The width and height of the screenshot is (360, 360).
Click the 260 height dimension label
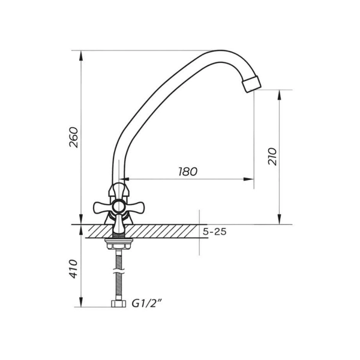pos(74,137)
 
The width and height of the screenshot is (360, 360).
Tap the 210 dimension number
pos(272,157)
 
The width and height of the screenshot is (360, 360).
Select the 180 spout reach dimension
pos(188,172)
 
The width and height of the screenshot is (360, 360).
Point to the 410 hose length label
pos(74,269)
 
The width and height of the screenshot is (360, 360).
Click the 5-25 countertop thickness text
pos(215,232)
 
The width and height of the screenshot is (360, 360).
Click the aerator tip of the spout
pos(252,83)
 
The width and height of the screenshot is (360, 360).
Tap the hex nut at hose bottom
pos(119,304)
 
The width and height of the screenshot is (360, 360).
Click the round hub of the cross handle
pos(119,206)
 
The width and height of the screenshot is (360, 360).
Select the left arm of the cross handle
pos(103,208)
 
